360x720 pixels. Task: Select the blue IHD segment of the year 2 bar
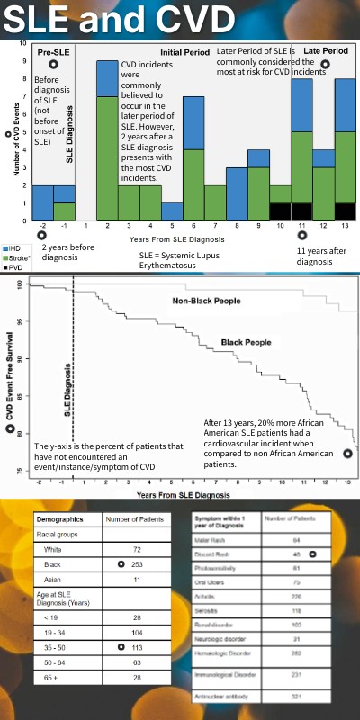[x=107, y=78]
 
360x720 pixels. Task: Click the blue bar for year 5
[x=172, y=211]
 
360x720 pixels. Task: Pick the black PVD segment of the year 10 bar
[x=280, y=211]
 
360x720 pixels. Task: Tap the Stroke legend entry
[x=18, y=256]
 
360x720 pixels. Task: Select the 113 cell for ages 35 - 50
[x=138, y=646]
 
